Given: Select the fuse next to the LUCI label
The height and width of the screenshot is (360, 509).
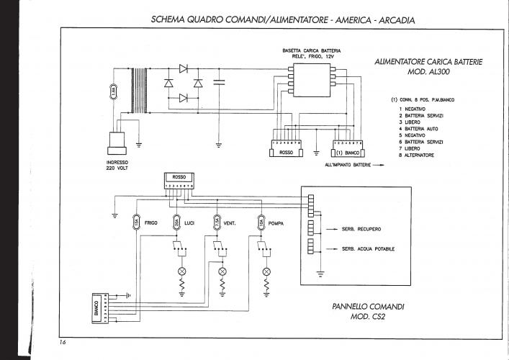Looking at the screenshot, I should point(176,223).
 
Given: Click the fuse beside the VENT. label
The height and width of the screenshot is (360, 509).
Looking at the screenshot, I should point(217,223).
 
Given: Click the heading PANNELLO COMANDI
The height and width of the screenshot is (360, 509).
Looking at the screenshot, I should point(368,306).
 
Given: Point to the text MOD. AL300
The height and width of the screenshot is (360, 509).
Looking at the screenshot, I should point(428,73).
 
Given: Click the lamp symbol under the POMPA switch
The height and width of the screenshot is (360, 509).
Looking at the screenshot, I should point(266,271).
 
